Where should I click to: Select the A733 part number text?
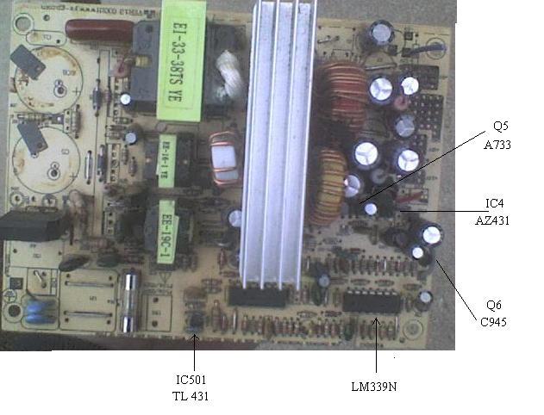[497, 146]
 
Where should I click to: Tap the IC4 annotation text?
[494, 204]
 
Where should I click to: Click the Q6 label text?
[494, 306]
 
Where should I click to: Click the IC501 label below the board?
[191, 380]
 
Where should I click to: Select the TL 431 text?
[191, 396]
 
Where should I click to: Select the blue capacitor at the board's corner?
[38, 308]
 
